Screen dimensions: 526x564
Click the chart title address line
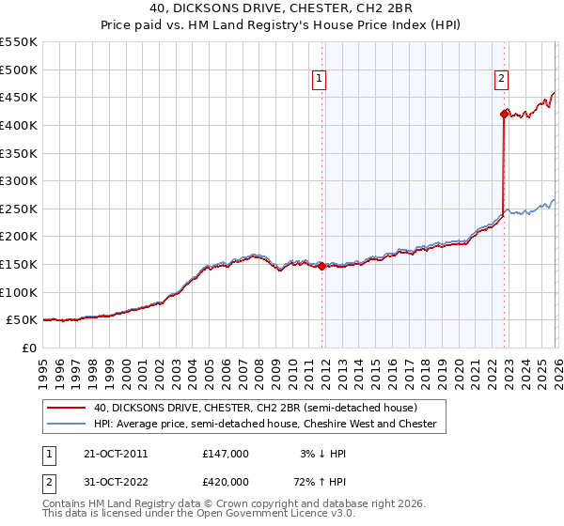click(x=281, y=8)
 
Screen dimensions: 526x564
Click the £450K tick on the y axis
click(x=19, y=97)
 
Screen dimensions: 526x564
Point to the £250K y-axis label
click(x=19, y=209)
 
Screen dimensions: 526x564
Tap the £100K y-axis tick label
click(x=19, y=292)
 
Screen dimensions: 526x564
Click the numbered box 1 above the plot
click(x=321, y=80)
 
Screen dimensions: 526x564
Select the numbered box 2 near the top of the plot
click(x=502, y=80)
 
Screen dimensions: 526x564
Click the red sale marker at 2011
click(x=321, y=266)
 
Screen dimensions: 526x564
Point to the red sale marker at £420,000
click(x=504, y=114)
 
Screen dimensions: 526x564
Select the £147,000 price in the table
click(x=225, y=454)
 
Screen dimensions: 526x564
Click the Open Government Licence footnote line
click(x=199, y=516)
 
